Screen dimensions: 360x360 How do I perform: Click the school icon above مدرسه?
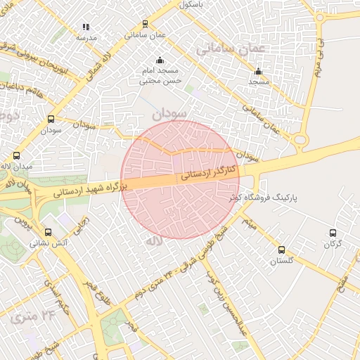pyautogui.click(x=86, y=27)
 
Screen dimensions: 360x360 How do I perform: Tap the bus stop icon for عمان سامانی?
pyautogui.click(x=146, y=23)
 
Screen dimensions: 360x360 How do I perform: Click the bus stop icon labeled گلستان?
pyautogui.click(x=281, y=250)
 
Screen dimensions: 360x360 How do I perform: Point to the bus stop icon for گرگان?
pyautogui.click(x=334, y=233)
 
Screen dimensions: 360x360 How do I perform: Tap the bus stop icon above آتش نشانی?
pyautogui.click(x=48, y=232)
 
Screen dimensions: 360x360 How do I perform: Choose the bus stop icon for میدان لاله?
pyautogui.click(x=16, y=155)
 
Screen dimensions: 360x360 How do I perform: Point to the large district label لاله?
pyautogui.click(x=154, y=241)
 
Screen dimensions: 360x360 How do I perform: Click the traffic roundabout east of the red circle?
pyautogui.click(x=301, y=140)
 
